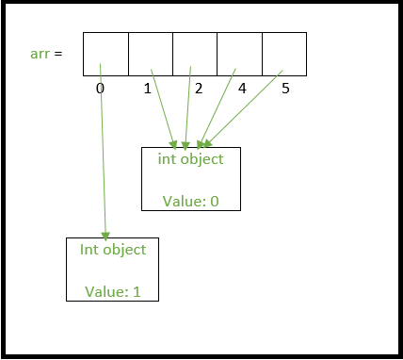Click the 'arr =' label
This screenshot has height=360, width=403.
pos(46,54)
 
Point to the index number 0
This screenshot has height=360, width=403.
pos(99,89)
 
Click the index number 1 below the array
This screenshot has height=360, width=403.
pos(147,89)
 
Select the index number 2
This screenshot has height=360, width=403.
pos(198,89)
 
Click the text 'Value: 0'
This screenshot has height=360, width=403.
pos(191,201)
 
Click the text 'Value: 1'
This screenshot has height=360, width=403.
pos(113,291)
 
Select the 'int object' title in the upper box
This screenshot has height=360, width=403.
pos(191,158)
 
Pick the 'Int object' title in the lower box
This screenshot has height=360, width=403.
pos(113,250)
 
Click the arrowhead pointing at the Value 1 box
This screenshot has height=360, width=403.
pos(105,236)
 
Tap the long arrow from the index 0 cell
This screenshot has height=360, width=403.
pos(103,151)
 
